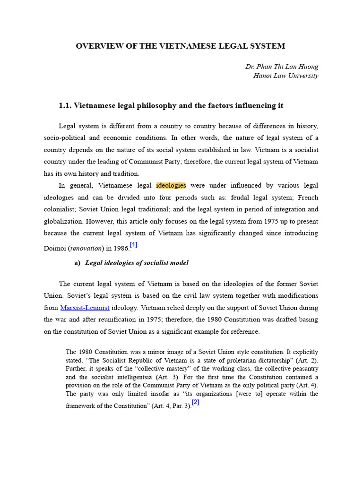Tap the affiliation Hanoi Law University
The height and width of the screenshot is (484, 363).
pos(286,76)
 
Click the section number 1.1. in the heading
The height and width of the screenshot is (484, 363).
pos(66,105)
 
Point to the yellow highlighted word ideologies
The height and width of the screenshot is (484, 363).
pos(171,185)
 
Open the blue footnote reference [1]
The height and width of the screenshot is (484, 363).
pos(134,244)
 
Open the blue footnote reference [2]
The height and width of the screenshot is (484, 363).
pos(195,402)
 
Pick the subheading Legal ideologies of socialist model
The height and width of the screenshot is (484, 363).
pos(137,263)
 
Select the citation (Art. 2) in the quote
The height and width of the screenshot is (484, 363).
pos(308,360)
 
